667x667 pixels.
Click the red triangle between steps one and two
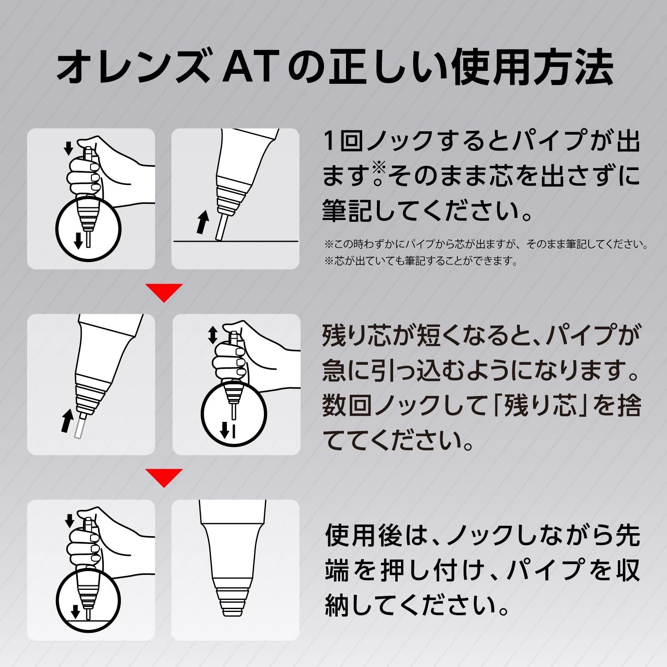[x=164, y=292]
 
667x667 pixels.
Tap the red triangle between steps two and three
[x=164, y=477]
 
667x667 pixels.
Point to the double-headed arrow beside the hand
[x=213, y=335]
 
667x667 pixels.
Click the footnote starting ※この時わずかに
[x=486, y=244]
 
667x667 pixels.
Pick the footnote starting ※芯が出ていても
[x=421, y=261]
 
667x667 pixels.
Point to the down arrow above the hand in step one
[x=68, y=148]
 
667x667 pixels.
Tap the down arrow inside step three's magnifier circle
[x=75, y=612]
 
